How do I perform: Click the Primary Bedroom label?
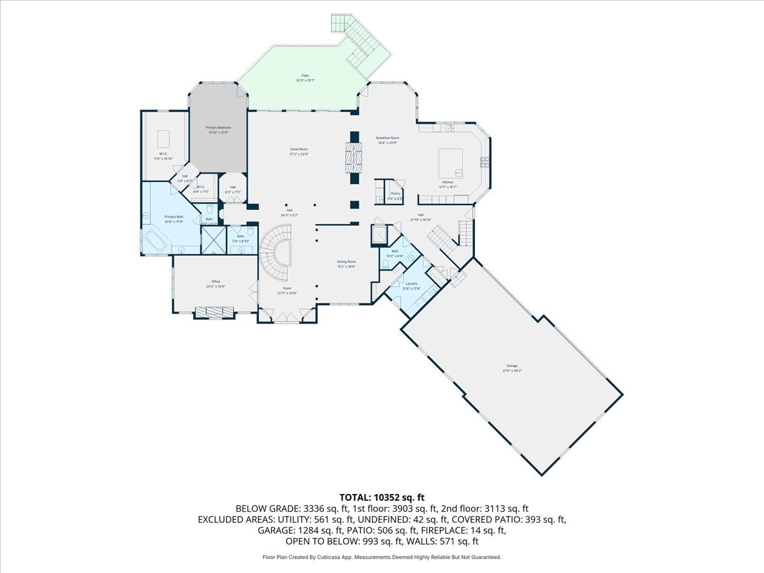click(218, 128)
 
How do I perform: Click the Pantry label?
click(395, 193)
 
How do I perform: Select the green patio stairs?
click(358, 41)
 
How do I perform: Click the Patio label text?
click(306, 76)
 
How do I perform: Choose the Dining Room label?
click(346, 262)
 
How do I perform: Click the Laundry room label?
click(410, 283)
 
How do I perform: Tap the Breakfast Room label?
click(387, 138)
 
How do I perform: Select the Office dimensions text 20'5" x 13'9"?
click(216, 286)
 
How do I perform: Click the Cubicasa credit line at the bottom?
click(382, 557)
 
